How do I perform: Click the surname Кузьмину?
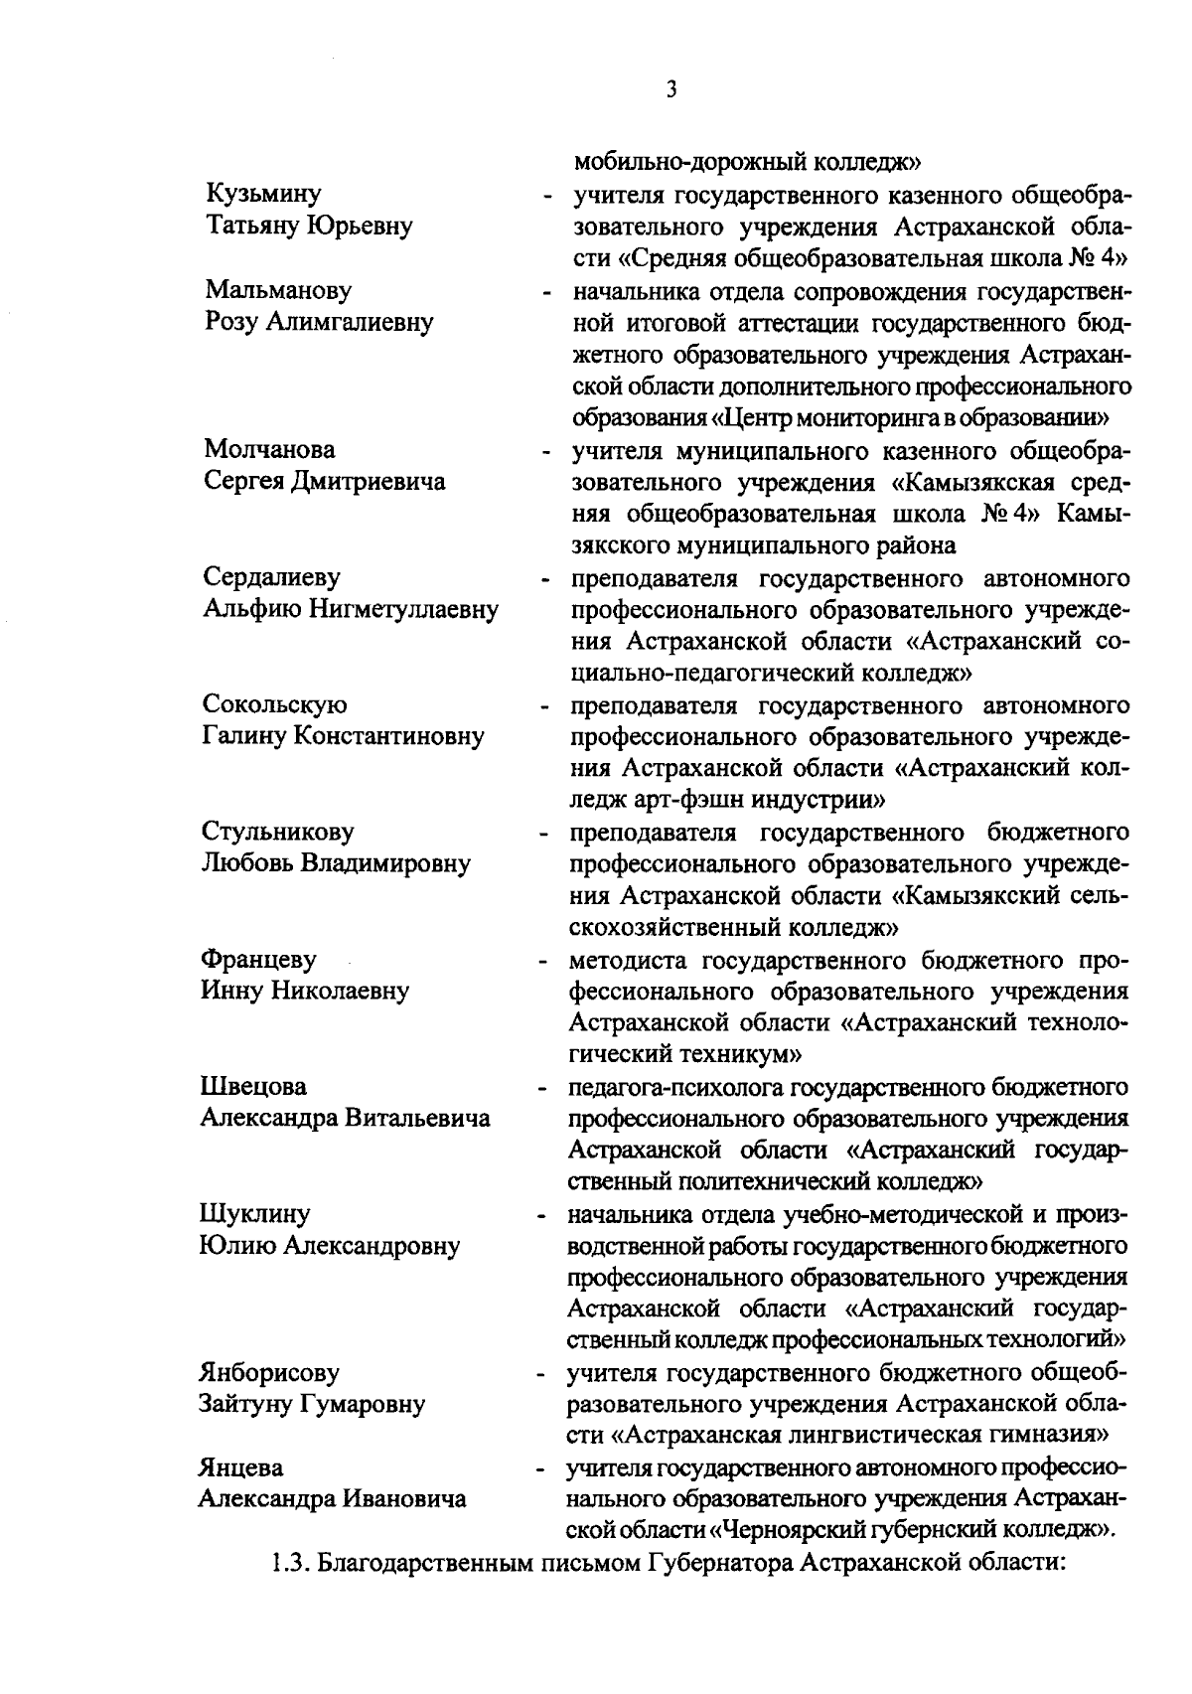(x=263, y=194)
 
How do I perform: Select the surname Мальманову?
(x=278, y=290)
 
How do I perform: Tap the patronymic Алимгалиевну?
(x=353, y=322)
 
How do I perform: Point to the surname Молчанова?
(x=269, y=449)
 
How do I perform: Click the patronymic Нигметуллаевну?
(x=404, y=609)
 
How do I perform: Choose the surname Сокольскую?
(x=275, y=704)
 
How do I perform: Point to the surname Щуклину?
(x=254, y=1213)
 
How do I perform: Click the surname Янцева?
(x=240, y=1467)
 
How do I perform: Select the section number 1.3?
(x=289, y=1564)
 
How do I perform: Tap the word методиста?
(x=631, y=960)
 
